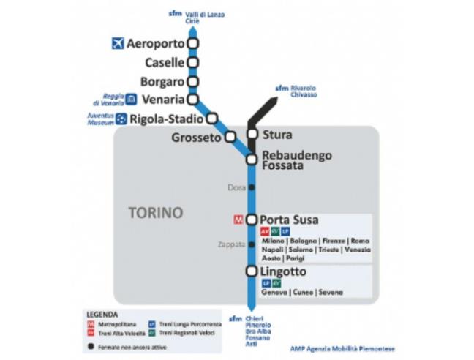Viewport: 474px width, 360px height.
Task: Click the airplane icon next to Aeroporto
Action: pos(118,44)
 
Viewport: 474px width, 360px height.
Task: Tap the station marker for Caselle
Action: pos(193,63)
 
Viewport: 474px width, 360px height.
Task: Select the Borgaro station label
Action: pos(163,81)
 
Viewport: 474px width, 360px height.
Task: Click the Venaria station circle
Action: pos(193,99)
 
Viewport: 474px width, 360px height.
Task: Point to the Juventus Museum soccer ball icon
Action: pos(121,119)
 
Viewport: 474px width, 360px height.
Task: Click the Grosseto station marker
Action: pos(230,137)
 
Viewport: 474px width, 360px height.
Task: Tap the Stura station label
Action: pos(276,135)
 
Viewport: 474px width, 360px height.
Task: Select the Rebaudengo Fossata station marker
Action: pos(252,160)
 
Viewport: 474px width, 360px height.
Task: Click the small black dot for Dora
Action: pos(252,187)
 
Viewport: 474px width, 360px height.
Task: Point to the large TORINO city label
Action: pos(155,213)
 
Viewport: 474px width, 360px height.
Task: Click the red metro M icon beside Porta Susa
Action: pos(238,219)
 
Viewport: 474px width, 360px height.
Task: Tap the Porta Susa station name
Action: pos(289,220)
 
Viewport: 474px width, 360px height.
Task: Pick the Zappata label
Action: pos(230,244)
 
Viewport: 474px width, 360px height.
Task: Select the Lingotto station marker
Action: pos(252,272)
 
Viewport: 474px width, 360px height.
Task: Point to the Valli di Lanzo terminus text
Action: pos(206,15)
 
